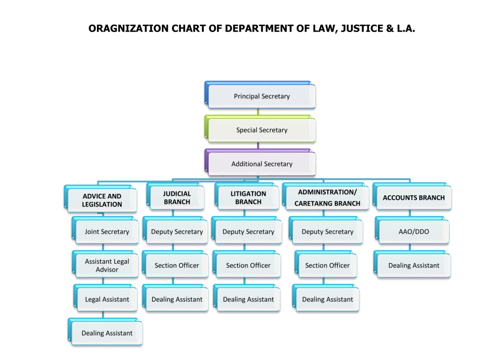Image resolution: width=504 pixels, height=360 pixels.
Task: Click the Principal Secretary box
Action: [x=260, y=95]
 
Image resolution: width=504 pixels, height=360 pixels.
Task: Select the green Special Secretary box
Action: [x=260, y=129]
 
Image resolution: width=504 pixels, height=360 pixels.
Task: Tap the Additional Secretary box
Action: [x=260, y=162]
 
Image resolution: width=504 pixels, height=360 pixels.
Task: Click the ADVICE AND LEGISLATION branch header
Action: [x=100, y=199]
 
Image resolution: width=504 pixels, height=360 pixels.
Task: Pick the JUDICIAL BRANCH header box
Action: [x=176, y=197]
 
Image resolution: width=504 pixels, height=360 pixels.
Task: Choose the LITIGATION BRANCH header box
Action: [x=247, y=197]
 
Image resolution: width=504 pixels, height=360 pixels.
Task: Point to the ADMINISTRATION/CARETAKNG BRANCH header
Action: [x=326, y=197]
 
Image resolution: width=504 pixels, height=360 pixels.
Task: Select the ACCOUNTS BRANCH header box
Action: [x=412, y=197]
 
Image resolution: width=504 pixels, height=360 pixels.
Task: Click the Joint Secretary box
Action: [x=105, y=230]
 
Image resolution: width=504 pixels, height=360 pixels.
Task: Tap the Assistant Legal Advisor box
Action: [x=105, y=264]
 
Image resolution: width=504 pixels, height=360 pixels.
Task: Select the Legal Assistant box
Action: [x=105, y=298]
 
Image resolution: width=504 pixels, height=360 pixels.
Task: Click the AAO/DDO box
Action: [x=412, y=230]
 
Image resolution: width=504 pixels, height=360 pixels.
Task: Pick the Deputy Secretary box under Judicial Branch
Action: [x=176, y=230]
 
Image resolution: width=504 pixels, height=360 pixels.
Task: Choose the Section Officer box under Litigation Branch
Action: [x=247, y=264]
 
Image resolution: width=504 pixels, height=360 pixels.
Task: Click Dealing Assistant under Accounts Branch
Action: [x=412, y=264]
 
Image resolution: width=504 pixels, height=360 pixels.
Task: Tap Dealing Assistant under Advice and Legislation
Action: [x=105, y=332]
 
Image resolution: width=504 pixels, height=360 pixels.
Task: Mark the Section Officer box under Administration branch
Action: [x=326, y=264]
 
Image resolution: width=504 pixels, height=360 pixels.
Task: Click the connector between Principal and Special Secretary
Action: [x=258, y=112]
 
